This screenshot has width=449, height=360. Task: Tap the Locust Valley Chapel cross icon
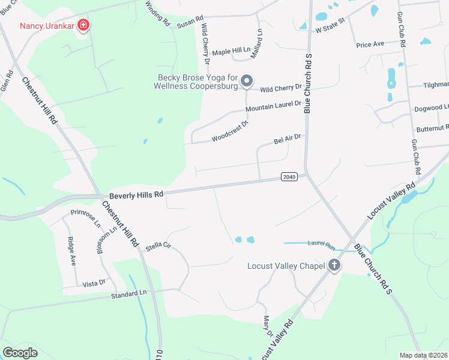(334, 265)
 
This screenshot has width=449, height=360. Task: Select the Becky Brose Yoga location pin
(246, 80)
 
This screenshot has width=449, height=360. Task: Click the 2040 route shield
(289, 176)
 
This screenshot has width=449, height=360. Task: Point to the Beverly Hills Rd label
(136, 195)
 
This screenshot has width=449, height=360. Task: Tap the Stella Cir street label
(158, 245)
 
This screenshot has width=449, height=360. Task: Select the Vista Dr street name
(94, 283)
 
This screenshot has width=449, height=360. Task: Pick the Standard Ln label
(128, 293)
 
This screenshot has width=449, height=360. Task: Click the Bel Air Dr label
(286, 140)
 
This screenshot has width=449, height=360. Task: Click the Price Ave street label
(370, 44)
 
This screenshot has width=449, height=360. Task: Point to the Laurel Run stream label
(321, 244)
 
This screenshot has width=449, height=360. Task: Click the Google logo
(20, 353)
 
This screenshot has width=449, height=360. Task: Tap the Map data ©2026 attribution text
(423, 355)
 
